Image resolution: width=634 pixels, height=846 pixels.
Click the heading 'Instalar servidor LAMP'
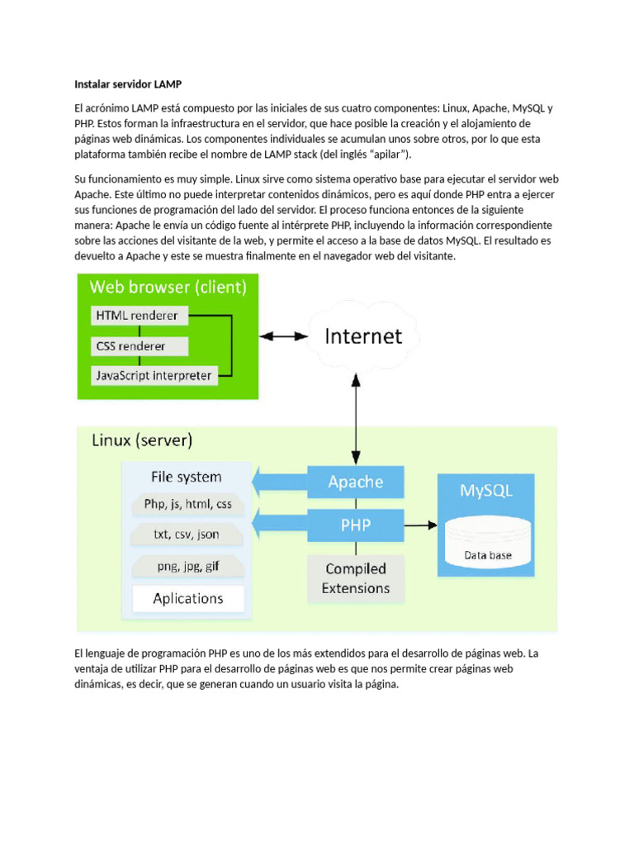[x=127, y=84]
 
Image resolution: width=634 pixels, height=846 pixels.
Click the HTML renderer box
[x=140, y=315]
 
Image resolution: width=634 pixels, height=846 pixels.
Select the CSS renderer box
[x=140, y=345]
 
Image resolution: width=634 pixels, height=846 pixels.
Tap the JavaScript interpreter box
[x=154, y=376]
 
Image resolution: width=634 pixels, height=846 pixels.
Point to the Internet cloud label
[x=363, y=336]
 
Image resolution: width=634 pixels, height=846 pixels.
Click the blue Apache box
[x=356, y=482]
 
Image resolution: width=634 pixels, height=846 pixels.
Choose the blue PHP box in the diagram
[x=356, y=525]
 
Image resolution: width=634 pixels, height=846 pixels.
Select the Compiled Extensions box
[x=356, y=578]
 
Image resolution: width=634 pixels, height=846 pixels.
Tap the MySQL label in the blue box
[x=486, y=490]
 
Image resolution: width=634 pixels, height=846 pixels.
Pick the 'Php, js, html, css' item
[x=187, y=503]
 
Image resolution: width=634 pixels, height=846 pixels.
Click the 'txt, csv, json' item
[x=187, y=535]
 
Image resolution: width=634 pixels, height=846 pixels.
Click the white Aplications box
[x=188, y=598]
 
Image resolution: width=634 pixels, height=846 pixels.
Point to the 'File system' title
[x=187, y=477]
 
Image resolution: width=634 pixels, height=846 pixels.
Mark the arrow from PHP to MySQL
[x=420, y=525]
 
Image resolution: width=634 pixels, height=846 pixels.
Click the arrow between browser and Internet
[x=283, y=336]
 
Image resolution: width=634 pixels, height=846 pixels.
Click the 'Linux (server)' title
[x=142, y=440]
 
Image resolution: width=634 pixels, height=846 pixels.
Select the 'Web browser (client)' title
[x=168, y=288]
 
